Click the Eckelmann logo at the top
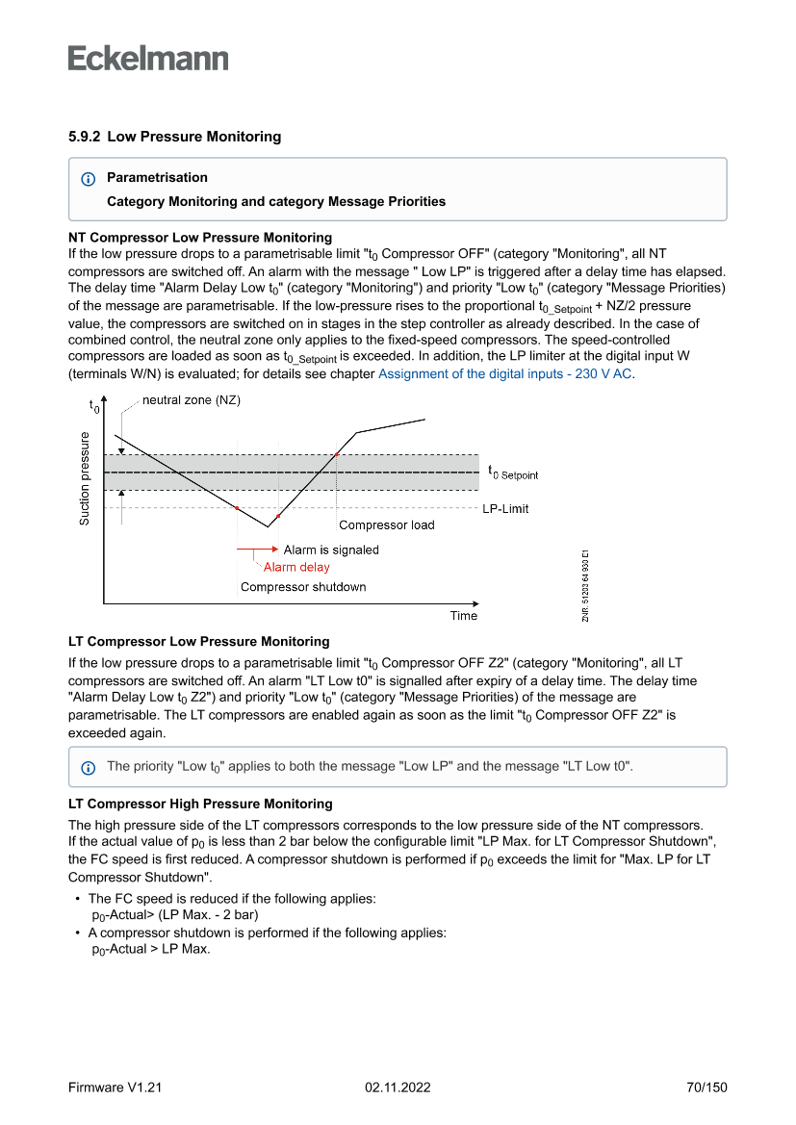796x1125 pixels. click(x=148, y=58)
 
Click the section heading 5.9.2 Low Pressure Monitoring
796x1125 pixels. click(x=174, y=137)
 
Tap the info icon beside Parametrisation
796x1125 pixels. click(x=89, y=178)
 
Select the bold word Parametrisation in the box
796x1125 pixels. click(x=157, y=177)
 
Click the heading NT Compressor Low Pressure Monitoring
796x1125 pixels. click(x=200, y=237)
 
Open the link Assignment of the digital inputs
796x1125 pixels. click(x=505, y=373)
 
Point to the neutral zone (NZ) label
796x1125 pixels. click(x=192, y=400)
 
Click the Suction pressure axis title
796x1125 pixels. click(x=85, y=478)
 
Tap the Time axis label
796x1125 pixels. click(x=464, y=616)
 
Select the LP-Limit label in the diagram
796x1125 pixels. click(x=505, y=508)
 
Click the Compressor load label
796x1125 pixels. click(x=386, y=524)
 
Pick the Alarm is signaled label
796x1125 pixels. click(x=331, y=550)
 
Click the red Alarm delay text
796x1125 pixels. click(x=296, y=567)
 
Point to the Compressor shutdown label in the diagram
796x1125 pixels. click(x=303, y=586)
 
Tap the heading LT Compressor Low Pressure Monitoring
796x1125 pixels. click(x=198, y=641)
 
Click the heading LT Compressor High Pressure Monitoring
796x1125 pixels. click(x=200, y=804)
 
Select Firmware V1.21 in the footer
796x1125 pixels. click(x=115, y=1087)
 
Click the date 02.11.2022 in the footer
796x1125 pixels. click(x=398, y=1087)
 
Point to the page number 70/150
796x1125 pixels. click(x=706, y=1087)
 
